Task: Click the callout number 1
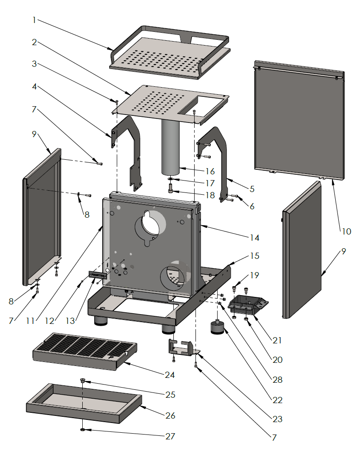coord(34,20)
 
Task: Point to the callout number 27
coord(170,436)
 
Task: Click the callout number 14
coord(254,238)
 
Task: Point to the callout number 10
coord(346,231)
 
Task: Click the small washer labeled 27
coord(83,430)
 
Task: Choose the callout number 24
coord(170,375)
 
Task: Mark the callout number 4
coord(34,87)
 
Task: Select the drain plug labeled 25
coord(82,380)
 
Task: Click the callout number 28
coord(277,380)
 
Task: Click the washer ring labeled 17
coord(171,180)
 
